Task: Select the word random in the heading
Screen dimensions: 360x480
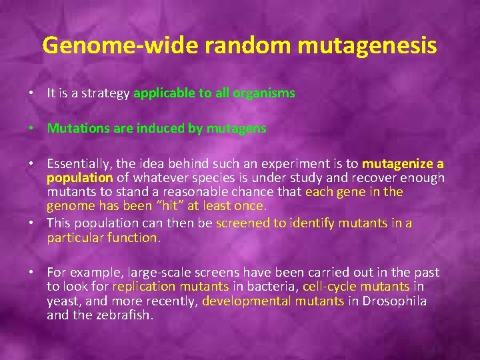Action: click(233, 45)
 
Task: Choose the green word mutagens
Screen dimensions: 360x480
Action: click(239, 128)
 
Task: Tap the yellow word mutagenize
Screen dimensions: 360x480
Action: click(398, 164)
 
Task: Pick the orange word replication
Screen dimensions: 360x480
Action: click(143, 287)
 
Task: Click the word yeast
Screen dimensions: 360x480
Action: click(62, 301)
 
